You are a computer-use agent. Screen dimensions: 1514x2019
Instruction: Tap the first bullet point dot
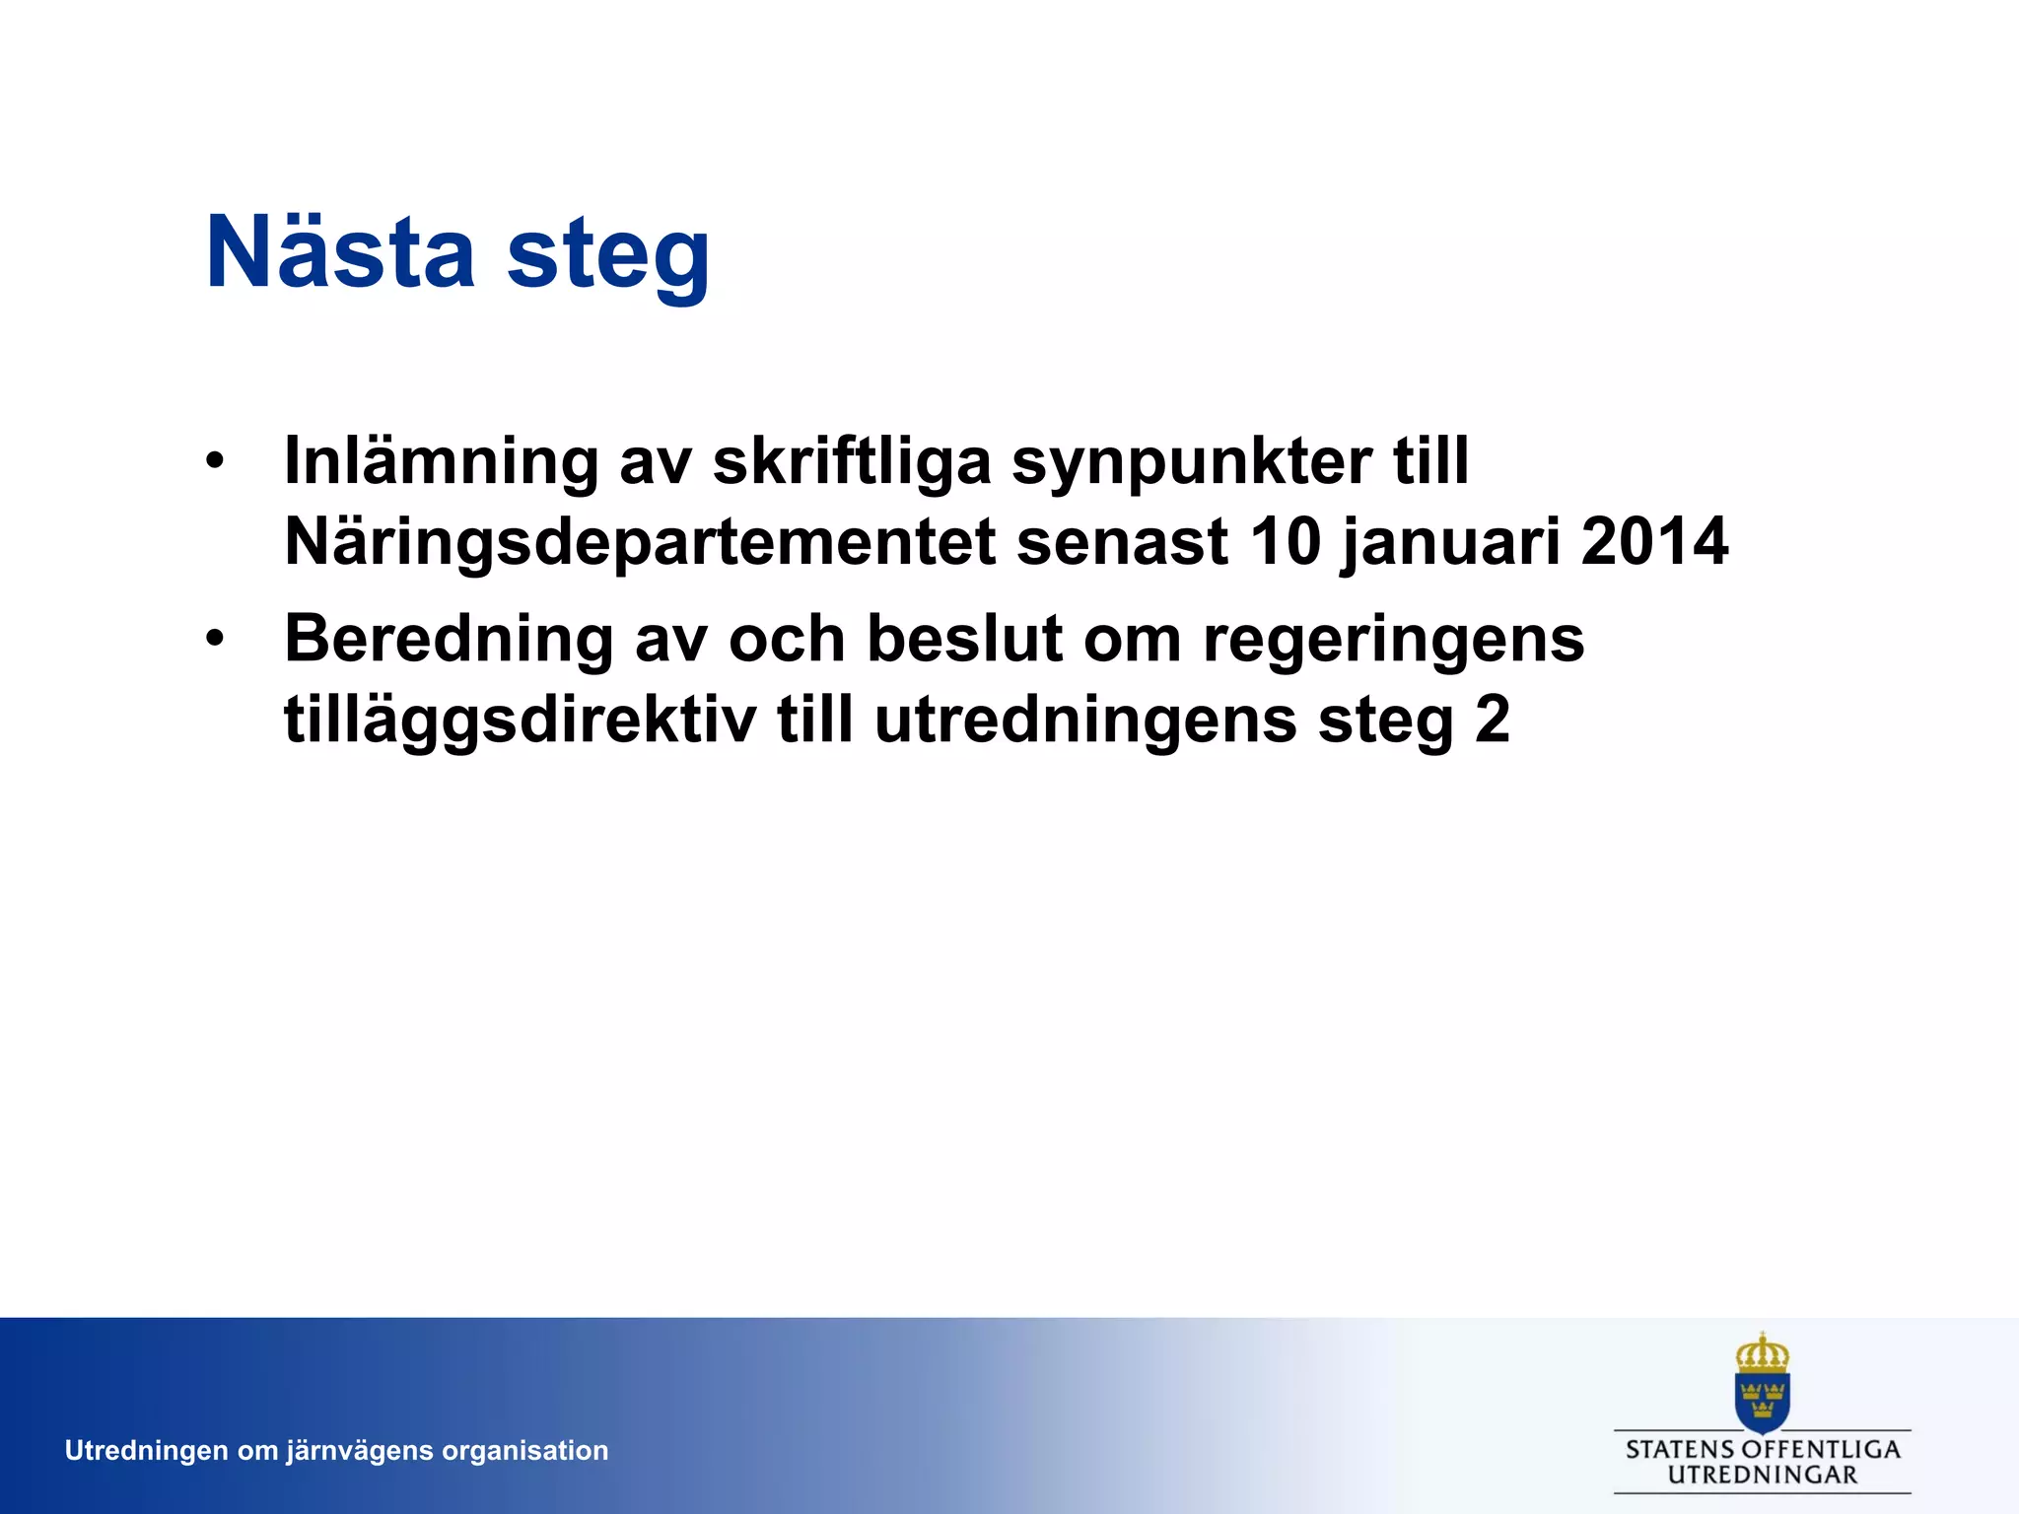(x=215, y=461)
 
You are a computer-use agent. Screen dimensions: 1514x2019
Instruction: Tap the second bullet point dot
(x=215, y=640)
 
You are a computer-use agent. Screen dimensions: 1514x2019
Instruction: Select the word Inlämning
(x=441, y=461)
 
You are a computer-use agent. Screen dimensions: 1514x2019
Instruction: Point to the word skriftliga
(x=852, y=461)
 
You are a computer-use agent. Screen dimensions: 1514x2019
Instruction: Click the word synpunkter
(x=1192, y=461)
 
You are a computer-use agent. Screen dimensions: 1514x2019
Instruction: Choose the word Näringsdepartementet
(x=640, y=541)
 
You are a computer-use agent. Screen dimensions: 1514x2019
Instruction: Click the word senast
(x=1122, y=541)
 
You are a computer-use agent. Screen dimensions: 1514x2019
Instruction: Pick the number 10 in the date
(x=1286, y=541)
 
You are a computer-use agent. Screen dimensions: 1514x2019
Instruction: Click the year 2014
(x=1654, y=541)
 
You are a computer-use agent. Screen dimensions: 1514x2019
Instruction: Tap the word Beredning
(x=449, y=639)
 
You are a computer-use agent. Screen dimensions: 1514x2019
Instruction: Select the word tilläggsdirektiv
(x=520, y=720)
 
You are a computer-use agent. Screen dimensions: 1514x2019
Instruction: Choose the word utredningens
(x=1085, y=720)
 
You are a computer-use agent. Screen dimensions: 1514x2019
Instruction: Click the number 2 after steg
(x=1492, y=720)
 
